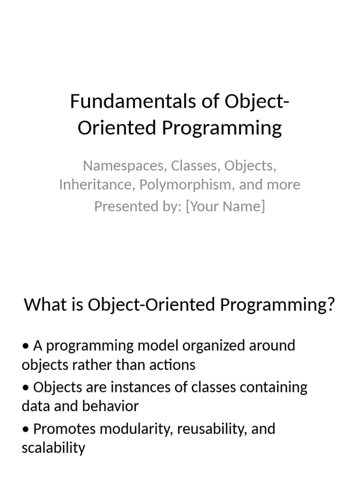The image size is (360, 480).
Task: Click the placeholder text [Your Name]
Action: click(225, 206)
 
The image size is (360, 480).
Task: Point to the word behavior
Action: click(111, 406)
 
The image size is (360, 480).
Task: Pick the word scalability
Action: click(53, 448)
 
